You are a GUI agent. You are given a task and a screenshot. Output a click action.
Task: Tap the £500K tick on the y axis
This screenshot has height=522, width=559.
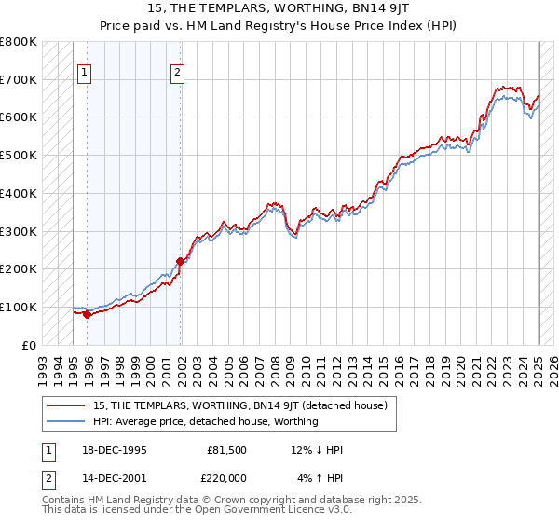(19, 155)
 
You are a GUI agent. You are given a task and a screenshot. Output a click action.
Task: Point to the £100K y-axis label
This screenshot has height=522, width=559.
(19, 307)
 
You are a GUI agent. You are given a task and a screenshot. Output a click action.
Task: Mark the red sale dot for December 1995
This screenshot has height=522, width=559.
(87, 314)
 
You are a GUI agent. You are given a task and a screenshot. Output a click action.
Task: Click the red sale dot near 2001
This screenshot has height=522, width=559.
(181, 261)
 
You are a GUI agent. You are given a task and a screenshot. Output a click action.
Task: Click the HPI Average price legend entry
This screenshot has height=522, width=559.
(205, 421)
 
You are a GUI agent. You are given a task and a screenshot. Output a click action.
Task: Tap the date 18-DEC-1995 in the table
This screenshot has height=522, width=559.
(114, 450)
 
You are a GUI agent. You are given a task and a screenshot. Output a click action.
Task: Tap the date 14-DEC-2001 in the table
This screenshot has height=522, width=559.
(114, 478)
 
